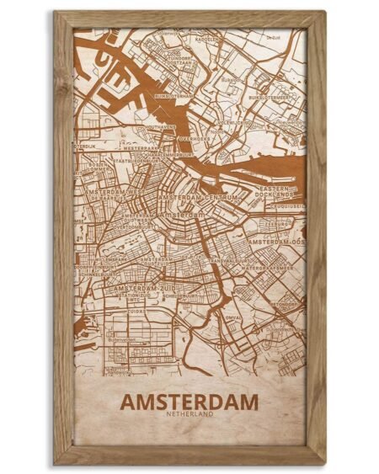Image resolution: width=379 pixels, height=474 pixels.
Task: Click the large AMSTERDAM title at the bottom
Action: click(189, 402)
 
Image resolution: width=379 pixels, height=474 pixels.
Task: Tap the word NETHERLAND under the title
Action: click(189, 416)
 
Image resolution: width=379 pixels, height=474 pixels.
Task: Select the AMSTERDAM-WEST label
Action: click(109, 193)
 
